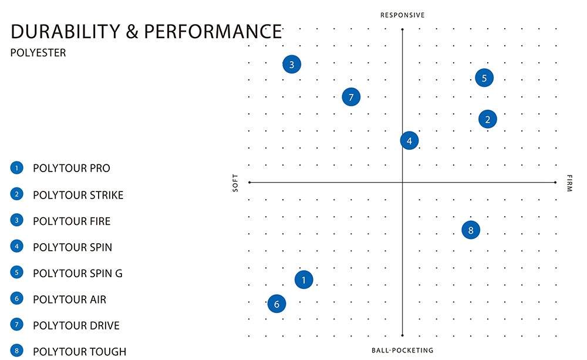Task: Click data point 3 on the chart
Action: click(x=292, y=65)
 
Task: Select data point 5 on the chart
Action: click(x=484, y=78)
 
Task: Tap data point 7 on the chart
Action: click(x=351, y=97)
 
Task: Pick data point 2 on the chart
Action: click(x=488, y=119)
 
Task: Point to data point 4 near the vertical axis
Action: click(x=409, y=140)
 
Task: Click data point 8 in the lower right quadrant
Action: click(x=471, y=230)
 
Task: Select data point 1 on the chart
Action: click(x=303, y=280)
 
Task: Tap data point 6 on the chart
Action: click(x=276, y=304)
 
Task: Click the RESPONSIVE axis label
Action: click(x=402, y=15)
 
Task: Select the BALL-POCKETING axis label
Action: click(x=402, y=351)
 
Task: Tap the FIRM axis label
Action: click(x=569, y=183)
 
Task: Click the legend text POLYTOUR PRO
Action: click(x=72, y=169)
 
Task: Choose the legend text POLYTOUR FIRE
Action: click(x=72, y=221)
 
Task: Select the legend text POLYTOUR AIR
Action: click(x=69, y=300)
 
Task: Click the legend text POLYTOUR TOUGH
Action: click(x=79, y=352)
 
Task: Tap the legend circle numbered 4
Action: click(x=16, y=247)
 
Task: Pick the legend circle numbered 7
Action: click(x=16, y=325)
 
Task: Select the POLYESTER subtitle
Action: click(x=38, y=53)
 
